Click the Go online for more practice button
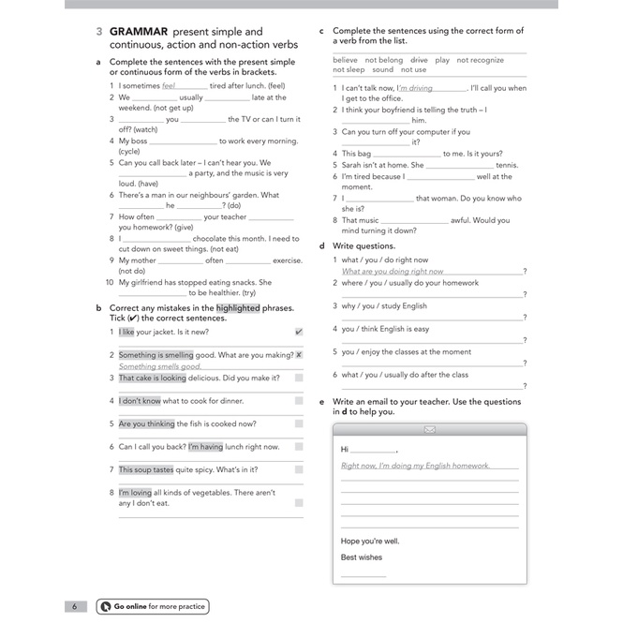pos(152,606)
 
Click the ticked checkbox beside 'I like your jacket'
pos(299,332)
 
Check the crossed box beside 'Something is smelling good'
pos(299,355)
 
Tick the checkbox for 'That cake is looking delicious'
pos(299,378)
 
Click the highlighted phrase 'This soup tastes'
pos(146,469)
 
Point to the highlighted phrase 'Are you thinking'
pos(147,423)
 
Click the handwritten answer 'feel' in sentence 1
pos(169,85)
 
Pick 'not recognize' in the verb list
pos(481,60)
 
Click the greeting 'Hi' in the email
pos(345,450)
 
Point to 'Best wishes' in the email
pos(362,557)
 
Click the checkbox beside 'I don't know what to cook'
pos(299,401)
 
